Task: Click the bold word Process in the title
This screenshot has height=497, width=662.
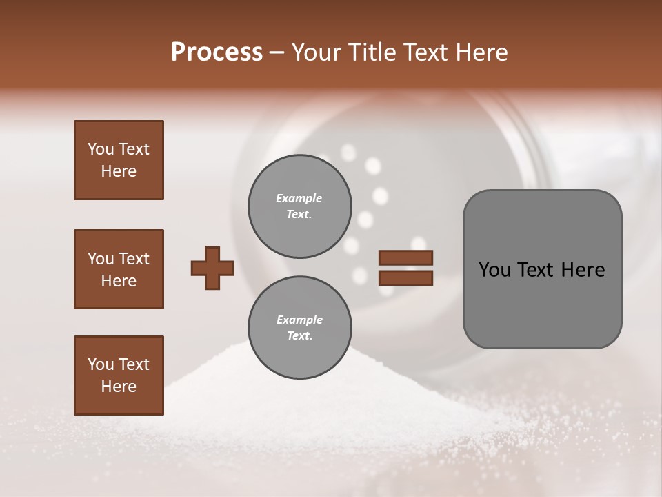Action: point(217,52)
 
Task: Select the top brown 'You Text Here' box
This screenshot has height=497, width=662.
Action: point(119,160)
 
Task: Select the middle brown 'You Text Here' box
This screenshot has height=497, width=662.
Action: point(119,269)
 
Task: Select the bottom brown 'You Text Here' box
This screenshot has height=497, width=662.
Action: point(119,375)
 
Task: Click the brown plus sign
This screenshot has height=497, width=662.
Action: point(212,268)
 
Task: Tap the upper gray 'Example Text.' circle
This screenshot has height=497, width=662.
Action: point(299,206)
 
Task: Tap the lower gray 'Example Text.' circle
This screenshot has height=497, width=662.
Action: point(299,327)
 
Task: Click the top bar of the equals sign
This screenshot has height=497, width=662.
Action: point(406,257)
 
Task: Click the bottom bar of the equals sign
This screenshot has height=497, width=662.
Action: point(406,278)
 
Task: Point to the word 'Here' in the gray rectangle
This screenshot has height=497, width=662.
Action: point(583,270)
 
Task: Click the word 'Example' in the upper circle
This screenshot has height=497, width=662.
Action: point(299,198)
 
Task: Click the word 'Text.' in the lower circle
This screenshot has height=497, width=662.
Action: point(299,336)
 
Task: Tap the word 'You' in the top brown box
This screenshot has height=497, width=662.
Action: point(101,149)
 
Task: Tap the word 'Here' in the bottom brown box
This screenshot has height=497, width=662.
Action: point(119,387)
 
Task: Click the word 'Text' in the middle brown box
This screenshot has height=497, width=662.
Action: point(133,259)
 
